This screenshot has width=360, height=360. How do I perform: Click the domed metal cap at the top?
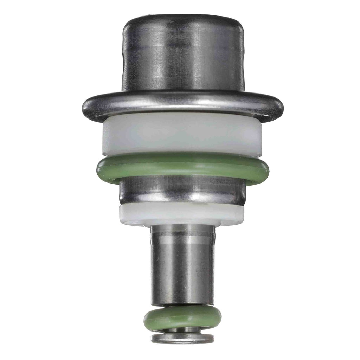[x=183, y=56]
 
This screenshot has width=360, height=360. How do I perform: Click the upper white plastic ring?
[x=183, y=135]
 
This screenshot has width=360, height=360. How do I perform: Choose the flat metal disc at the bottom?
[x=183, y=338]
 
